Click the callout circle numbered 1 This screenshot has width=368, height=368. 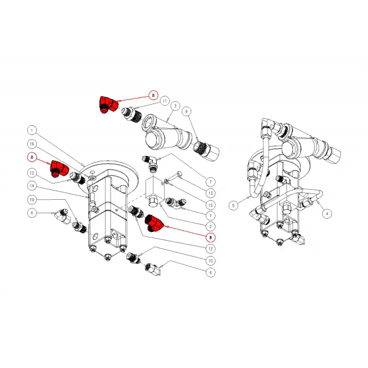(32, 130)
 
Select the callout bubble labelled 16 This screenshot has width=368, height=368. (32, 144)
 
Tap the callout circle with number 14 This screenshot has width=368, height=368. (32, 186)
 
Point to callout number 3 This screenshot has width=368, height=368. (175, 106)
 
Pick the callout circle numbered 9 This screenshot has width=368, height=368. (187, 111)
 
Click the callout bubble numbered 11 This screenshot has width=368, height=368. (165, 101)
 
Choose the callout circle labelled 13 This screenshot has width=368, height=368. (210, 193)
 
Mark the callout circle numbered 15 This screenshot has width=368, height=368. (210, 205)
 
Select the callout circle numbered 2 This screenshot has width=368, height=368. (210, 227)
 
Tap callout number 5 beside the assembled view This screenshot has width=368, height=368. (233, 206)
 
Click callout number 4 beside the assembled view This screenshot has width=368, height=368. (327, 213)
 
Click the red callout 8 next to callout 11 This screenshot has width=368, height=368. (154, 95)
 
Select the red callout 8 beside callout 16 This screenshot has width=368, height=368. (32, 157)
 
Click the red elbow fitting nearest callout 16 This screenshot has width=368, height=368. (59, 169)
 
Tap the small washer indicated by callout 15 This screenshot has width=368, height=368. (167, 181)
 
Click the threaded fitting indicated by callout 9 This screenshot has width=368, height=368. (206, 150)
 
